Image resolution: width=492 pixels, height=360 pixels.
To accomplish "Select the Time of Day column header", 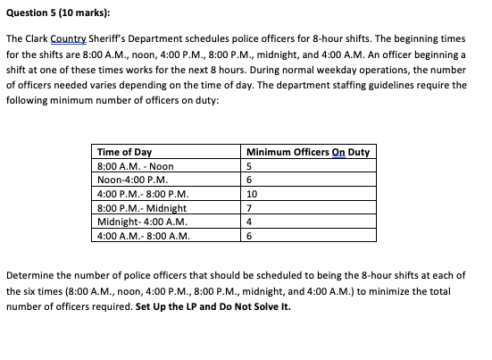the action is (x=124, y=152).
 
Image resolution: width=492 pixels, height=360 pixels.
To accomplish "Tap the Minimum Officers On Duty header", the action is (x=306, y=152).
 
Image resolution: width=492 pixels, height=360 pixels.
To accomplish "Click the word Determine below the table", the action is (x=33, y=278).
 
